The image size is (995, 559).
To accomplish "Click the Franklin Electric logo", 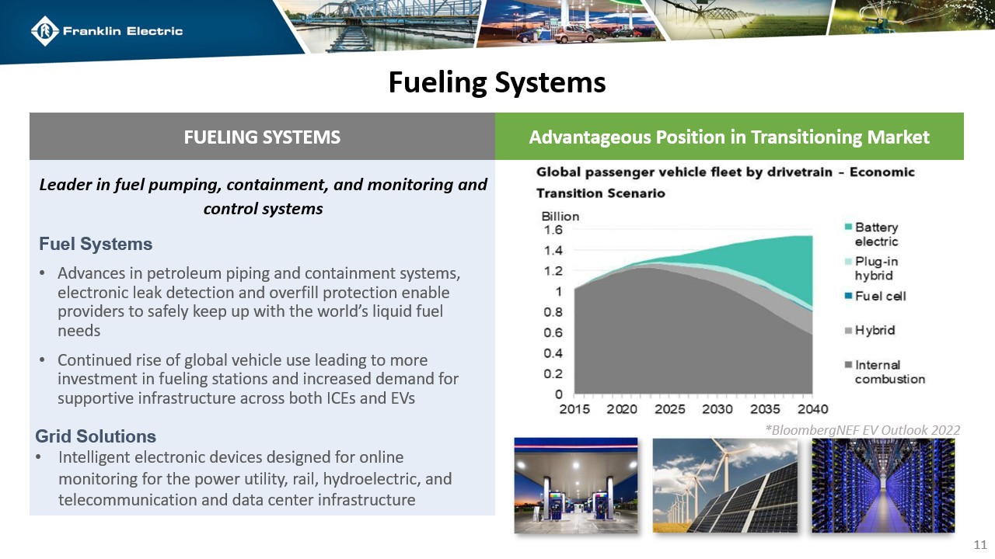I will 106,31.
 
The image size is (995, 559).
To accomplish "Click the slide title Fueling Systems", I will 497,82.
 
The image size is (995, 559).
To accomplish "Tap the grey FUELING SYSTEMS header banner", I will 262,137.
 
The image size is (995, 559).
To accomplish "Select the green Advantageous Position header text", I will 728,137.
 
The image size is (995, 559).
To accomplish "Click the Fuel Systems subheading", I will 96,244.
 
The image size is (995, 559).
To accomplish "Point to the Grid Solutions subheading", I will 96,436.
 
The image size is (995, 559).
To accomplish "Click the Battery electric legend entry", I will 875,234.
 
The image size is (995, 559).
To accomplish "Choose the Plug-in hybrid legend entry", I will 874,268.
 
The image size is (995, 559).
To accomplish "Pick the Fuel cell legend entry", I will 879,296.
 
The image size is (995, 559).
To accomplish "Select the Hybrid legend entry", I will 874,330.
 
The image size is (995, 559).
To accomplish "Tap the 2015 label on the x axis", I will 575,409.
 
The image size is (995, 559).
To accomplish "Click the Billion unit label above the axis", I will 560,216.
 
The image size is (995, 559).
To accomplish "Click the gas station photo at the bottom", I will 576,485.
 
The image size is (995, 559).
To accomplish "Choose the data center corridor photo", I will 882,485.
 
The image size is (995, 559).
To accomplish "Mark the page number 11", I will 980,543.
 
